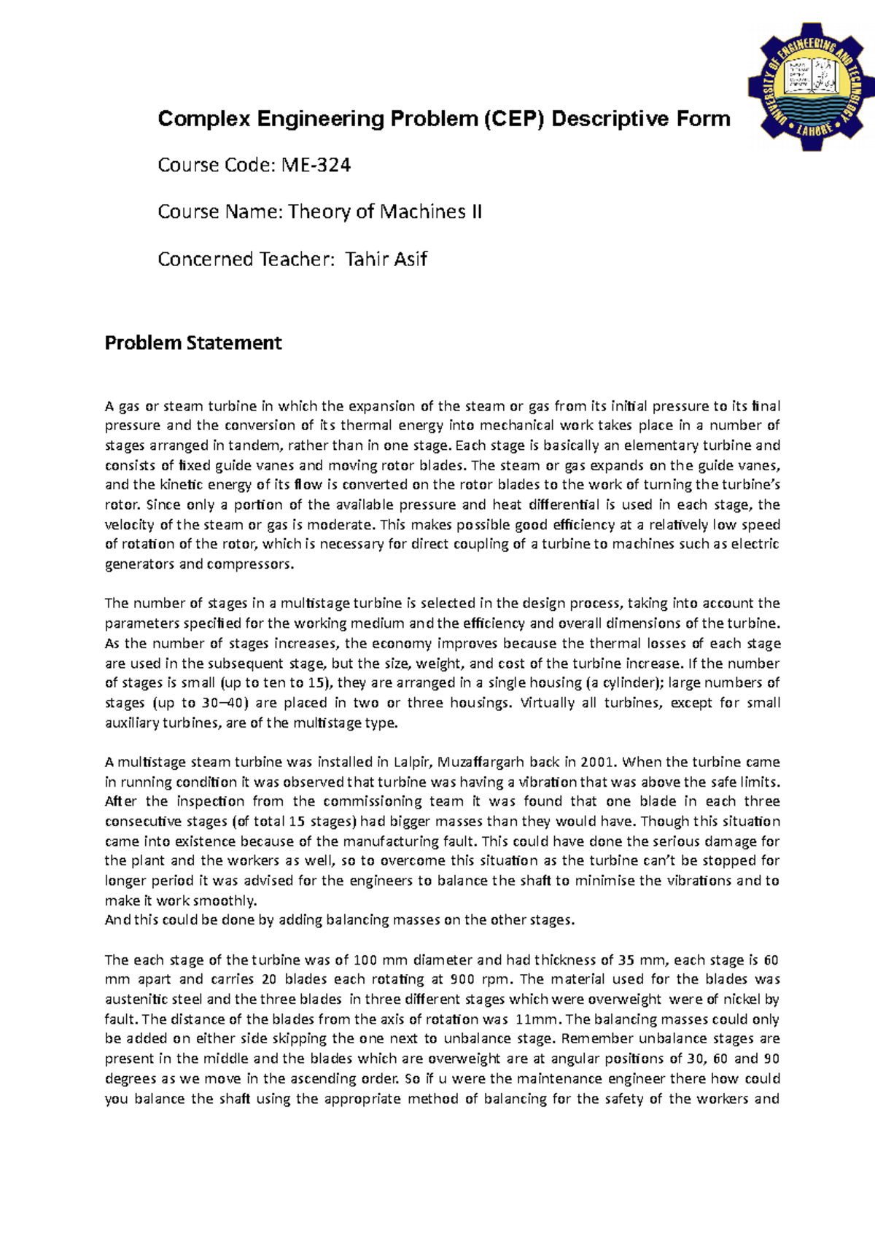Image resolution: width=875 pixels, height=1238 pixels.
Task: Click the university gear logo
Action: point(810,85)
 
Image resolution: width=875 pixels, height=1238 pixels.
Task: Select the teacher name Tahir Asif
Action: point(386,259)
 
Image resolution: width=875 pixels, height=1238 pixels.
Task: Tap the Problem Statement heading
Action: point(193,343)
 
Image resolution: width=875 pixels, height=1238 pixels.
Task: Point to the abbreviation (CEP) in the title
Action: point(514,119)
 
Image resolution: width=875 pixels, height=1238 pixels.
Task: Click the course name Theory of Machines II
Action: point(384,212)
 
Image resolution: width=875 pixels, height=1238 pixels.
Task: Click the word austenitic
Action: point(136,1000)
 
